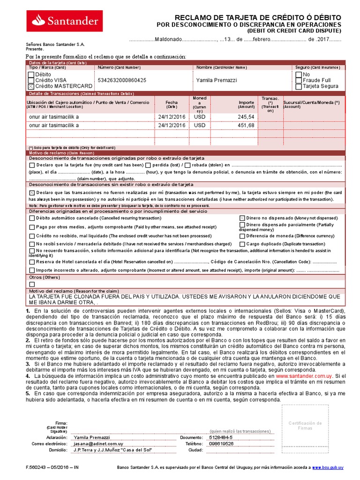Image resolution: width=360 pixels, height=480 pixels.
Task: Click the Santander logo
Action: pyautogui.click(x=65, y=21)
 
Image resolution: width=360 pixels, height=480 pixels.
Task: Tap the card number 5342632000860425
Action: pyautogui.click(x=121, y=80)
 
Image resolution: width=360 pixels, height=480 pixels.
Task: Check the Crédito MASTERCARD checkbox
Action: pyautogui.click(x=31, y=86)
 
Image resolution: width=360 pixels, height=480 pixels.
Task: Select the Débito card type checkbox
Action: pyautogui.click(x=31, y=74)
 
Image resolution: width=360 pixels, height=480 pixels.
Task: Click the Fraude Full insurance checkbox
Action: pyautogui.click(x=299, y=80)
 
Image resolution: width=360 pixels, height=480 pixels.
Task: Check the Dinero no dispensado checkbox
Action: pyautogui.click(x=242, y=218)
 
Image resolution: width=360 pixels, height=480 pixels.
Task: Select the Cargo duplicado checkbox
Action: pyautogui.click(x=242, y=244)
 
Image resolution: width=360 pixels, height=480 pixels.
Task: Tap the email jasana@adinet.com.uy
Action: pyautogui.click(x=98, y=443)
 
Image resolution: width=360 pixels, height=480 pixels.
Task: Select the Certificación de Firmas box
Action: pyautogui.click(x=305, y=426)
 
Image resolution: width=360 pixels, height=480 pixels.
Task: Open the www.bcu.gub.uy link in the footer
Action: pyautogui.click(x=328, y=467)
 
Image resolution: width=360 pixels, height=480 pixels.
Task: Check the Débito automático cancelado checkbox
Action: pyautogui.click(x=31, y=218)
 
